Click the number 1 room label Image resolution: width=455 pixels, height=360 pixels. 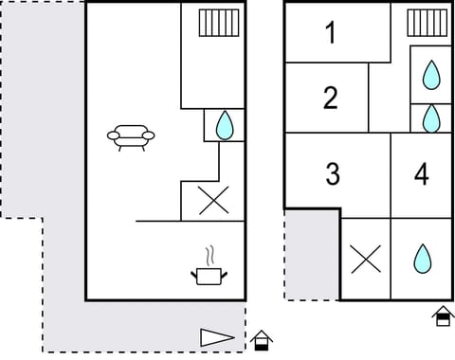tap(331, 34)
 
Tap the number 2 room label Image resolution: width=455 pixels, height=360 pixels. tap(331, 97)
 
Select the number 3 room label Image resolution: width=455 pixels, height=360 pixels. tap(333, 174)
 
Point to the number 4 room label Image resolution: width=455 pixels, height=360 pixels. tap(422, 174)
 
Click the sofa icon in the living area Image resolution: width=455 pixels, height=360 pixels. tap(131, 138)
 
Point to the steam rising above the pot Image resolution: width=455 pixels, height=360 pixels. tap(212, 255)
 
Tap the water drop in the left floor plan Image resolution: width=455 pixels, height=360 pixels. tap(225, 126)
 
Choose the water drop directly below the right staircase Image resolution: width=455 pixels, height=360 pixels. tap(431, 74)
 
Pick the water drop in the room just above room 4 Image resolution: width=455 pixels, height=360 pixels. tap(431, 118)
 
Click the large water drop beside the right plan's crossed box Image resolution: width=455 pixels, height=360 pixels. tap(421, 259)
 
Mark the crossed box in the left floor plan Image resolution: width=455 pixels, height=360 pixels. tap(213, 201)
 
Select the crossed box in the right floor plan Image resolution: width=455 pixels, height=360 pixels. tap(365, 259)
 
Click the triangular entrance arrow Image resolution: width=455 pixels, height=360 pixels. tap(216, 336)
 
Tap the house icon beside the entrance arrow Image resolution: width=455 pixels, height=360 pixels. tap(262, 339)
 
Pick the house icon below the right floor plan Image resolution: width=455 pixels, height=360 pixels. tap(443, 316)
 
